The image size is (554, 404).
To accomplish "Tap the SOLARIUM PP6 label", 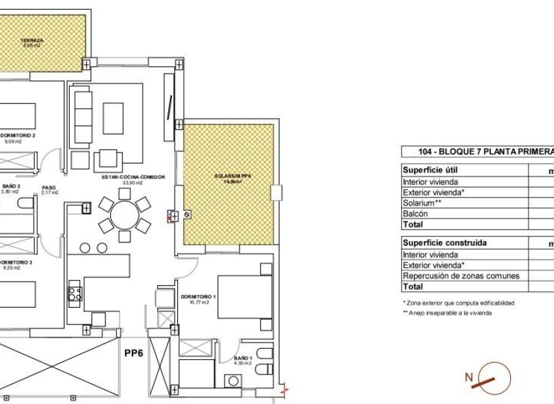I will point(228,177).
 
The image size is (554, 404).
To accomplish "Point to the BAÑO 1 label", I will point(242,359).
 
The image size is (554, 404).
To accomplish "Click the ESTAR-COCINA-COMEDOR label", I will point(129,177).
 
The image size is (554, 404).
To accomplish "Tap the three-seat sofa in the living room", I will point(83,118).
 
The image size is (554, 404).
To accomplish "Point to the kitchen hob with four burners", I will point(74,293).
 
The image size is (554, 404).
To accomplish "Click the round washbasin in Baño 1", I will point(232,381).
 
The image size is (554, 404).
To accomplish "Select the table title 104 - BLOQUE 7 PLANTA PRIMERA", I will point(485,151).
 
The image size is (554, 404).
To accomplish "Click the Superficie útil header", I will point(431,169).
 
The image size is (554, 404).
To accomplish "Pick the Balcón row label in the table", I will point(415,214).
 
